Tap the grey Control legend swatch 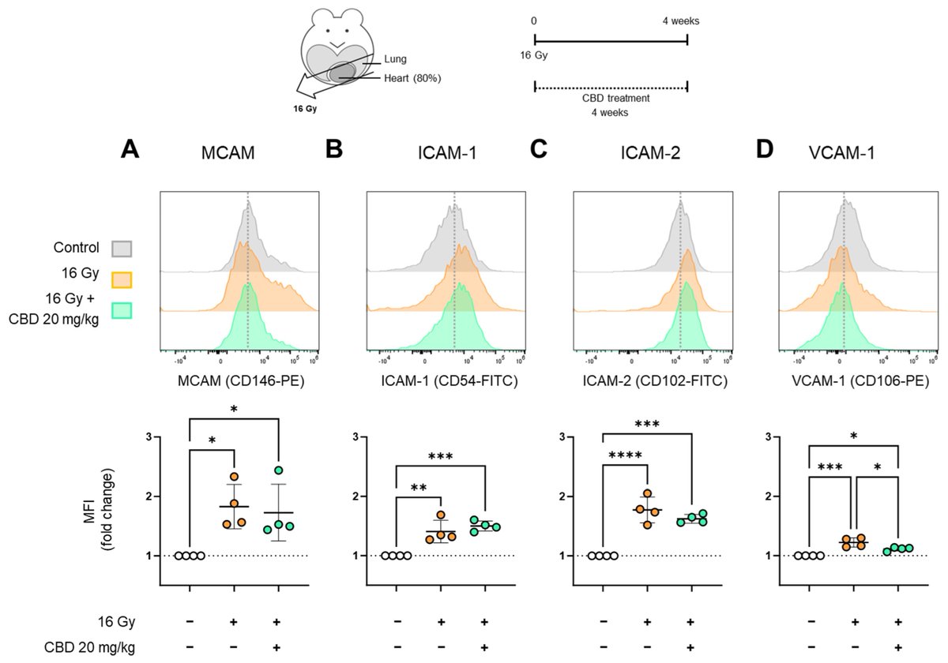coord(122,248)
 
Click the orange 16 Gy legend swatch coord(122,279)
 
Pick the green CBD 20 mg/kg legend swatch coord(122,310)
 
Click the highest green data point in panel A coord(278,470)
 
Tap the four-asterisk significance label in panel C coord(624,455)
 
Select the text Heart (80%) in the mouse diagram coord(412,77)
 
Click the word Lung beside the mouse coord(395,59)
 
